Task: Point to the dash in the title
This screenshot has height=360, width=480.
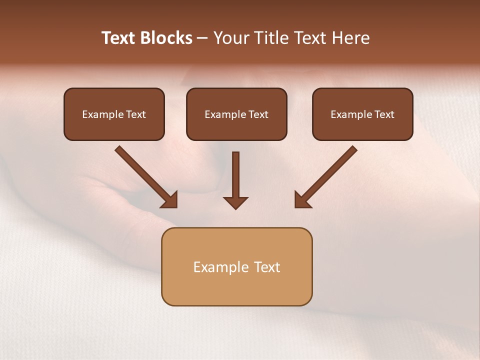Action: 202,38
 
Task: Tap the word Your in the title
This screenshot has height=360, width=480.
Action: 231,38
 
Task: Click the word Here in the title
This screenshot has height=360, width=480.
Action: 351,38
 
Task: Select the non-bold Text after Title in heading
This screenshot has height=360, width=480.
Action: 311,38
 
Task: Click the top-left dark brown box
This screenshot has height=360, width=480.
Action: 114,114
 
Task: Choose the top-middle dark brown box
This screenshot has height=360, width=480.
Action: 236,114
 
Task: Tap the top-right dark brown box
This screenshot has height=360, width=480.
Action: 362,114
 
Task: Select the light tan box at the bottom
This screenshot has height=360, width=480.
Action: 236,266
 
